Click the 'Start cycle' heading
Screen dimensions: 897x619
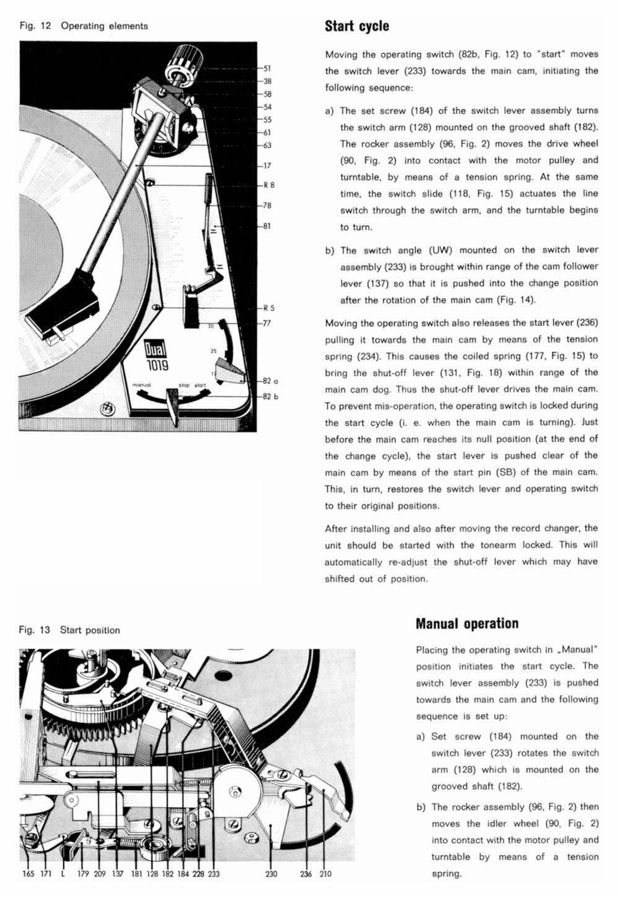[357, 26]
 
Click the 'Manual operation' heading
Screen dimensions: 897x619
[467, 623]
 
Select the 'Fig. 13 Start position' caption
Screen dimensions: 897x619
[70, 630]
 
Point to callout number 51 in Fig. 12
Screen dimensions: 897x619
[267, 69]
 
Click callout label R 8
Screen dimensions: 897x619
[269, 185]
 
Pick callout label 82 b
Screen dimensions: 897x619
[270, 396]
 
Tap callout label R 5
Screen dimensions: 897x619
[269, 308]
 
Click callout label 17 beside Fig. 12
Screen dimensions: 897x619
[267, 165]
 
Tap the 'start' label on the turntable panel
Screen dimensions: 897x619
[200, 385]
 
